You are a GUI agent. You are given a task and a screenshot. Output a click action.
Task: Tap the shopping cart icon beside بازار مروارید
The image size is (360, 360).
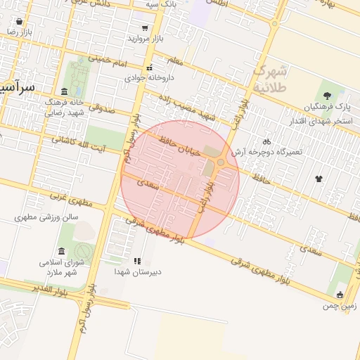tap(145, 29)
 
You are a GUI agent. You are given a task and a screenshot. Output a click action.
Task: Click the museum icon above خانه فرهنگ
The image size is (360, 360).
tap(64, 91)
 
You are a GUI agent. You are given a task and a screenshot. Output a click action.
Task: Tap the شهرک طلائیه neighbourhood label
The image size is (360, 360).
tap(271, 79)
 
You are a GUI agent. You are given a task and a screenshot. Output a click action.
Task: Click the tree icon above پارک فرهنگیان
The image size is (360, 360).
tap(327, 96)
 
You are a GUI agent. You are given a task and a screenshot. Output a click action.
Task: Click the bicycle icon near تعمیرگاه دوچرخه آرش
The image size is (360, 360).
tap(266, 140)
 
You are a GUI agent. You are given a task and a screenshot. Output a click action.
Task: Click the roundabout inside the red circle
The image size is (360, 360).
tap(221, 162)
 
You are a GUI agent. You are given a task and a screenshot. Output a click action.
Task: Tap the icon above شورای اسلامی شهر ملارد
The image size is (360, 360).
tap(62, 252)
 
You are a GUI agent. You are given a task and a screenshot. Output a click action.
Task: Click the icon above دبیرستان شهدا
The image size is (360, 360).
tap(137, 260)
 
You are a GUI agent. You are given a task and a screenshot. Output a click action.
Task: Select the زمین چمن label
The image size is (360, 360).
tap(340, 306)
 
